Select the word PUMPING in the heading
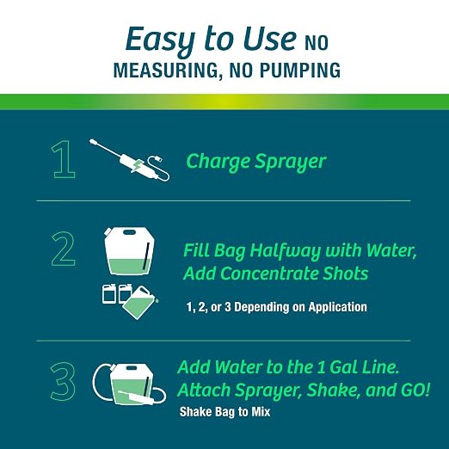coord(300,71)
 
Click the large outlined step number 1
coord(63,159)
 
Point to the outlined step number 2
coord(64,249)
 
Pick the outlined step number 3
coord(63,381)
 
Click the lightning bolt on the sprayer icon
coord(138,166)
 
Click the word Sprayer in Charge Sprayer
coord(291,163)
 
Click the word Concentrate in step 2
coord(269,274)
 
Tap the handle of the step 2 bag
coord(129,231)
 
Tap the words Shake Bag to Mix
coord(224,412)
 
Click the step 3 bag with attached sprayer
coord(130,384)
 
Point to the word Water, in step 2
coord(391,250)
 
